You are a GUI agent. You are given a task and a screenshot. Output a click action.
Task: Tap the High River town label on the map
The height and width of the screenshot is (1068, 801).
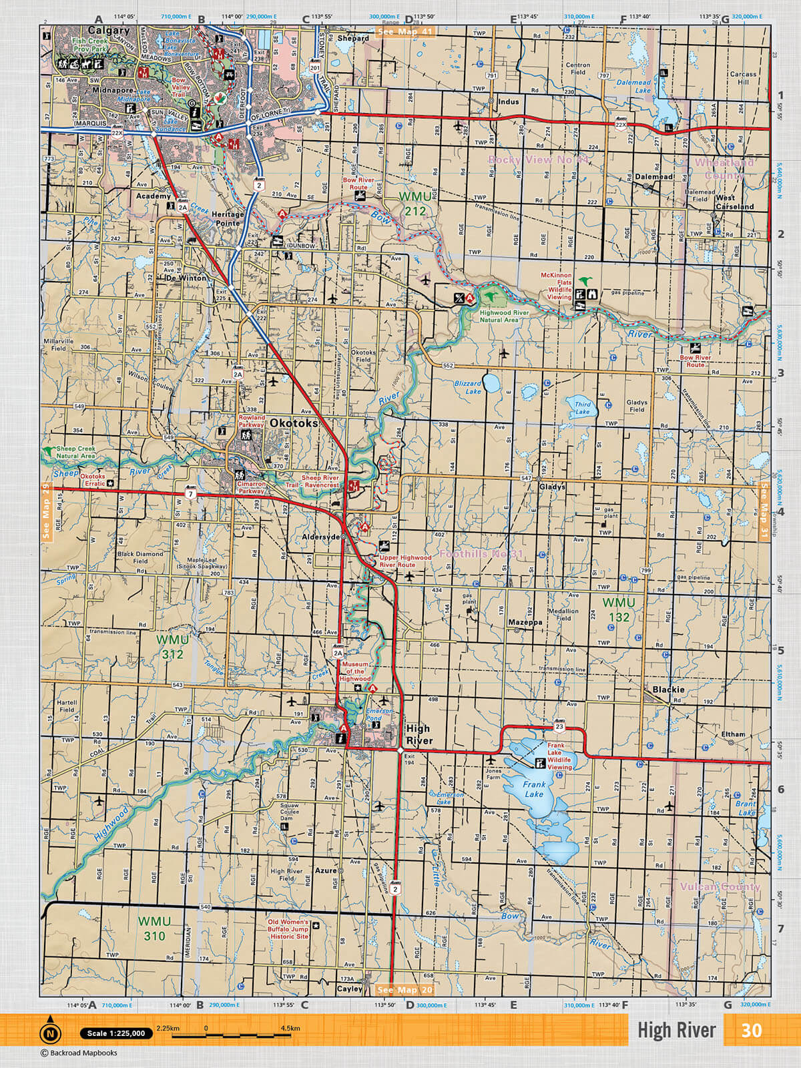point(419,735)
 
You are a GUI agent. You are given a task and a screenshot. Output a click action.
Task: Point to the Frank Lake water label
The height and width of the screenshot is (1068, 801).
point(534,790)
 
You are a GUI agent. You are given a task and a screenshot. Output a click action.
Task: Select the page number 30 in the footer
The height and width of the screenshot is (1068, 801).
point(751,1031)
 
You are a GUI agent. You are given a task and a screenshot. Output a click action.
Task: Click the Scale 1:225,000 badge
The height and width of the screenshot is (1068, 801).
point(116,1033)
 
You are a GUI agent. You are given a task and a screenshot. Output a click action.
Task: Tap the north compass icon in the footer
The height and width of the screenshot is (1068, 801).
point(50,1033)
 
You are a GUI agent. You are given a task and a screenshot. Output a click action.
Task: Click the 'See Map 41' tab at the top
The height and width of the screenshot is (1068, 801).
point(405,31)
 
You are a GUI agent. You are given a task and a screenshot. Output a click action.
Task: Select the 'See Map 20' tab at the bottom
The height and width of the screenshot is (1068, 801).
point(405,990)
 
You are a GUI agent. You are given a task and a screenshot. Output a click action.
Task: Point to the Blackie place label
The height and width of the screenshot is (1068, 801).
point(668,690)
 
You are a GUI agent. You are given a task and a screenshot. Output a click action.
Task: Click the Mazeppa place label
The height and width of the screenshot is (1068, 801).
point(525,622)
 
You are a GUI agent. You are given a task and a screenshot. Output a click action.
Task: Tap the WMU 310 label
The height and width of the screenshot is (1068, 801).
point(154,928)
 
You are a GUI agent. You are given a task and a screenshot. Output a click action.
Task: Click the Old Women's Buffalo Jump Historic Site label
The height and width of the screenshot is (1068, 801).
point(288,929)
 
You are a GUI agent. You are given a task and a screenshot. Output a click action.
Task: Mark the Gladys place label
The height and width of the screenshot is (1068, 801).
point(552,487)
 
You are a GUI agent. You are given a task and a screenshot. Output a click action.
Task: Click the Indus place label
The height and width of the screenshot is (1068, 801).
point(508,102)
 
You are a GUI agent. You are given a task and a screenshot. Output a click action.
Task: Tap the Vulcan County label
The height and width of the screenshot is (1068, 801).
point(720,886)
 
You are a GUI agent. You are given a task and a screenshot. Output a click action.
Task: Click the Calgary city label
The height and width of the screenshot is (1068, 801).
point(109,31)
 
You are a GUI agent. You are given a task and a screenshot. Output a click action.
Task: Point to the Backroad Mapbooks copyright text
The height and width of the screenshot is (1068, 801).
point(79,1053)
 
